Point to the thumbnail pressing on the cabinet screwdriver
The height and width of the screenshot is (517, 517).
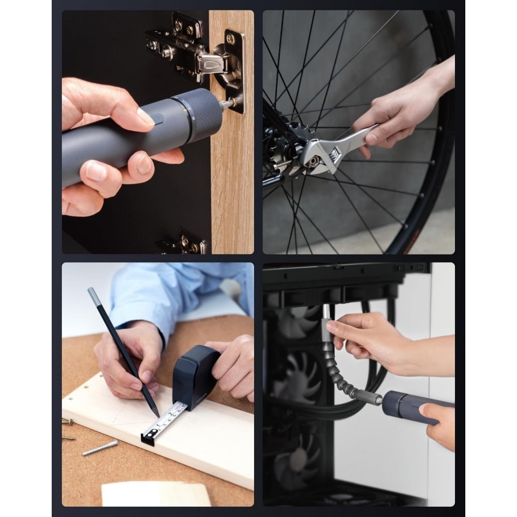(144, 117)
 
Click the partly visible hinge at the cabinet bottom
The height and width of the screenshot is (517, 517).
(184, 244)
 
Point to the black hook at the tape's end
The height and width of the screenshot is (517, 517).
(147, 439)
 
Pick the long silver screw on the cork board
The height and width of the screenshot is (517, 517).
(100, 447)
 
